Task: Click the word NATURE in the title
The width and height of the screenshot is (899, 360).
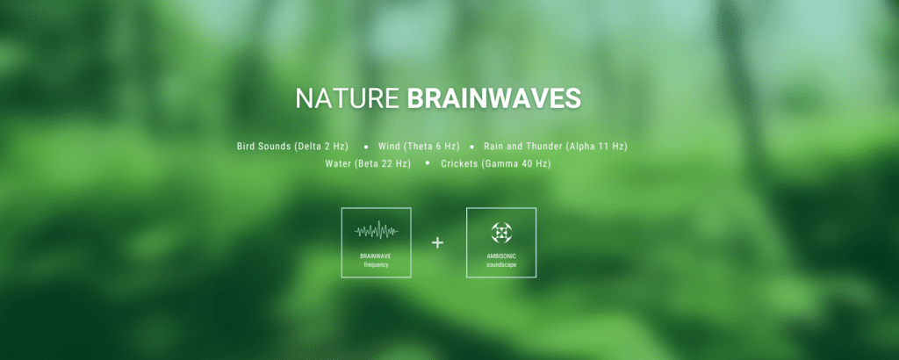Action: [x=348, y=98]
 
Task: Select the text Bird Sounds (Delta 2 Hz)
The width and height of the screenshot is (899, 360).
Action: [x=292, y=146]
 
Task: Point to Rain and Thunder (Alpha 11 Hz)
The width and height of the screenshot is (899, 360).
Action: [x=556, y=146]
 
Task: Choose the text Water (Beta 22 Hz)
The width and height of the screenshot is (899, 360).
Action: [x=368, y=163]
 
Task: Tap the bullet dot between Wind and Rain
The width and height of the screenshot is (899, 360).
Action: [x=471, y=146]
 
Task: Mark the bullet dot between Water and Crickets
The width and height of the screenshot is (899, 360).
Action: [x=428, y=163]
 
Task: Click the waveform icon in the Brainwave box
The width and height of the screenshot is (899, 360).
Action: [x=376, y=232]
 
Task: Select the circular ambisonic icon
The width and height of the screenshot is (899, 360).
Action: [x=501, y=232]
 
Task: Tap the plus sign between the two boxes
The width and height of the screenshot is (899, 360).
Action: [x=438, y=242]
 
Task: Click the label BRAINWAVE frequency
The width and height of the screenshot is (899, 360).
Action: [x=376, y=260]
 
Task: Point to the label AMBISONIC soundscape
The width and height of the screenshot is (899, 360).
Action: [x=501, y=260]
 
